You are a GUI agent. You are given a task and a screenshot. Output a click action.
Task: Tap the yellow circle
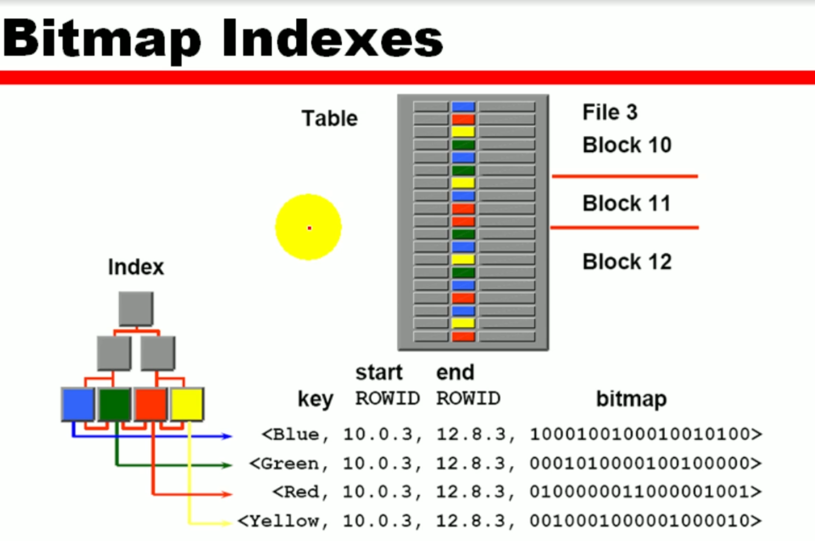(x=308, y=227)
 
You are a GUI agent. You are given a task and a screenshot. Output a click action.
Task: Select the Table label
(x=329, y=119)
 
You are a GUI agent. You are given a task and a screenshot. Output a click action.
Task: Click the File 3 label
(x=610, y=112)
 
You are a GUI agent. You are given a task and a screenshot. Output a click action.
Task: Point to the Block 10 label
(x=627, y=145)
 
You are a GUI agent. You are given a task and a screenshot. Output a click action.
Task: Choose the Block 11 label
(x=627, y=203)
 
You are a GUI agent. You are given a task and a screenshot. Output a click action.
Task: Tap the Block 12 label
(x=627, y=262)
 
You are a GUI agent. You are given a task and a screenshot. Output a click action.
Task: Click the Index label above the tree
(x=136, y=267)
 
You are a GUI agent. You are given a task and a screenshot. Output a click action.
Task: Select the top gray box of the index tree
(x=136, y=309)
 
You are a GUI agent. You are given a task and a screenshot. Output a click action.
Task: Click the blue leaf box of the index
(x=78, y=404)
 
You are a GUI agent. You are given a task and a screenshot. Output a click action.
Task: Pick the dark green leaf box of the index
(x=114, y=404)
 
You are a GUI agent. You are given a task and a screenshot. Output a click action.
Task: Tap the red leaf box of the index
(x=151, y=404)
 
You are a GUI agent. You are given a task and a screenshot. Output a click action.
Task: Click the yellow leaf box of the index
(x=186, y=404)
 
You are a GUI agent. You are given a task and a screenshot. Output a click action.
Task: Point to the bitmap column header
(x=631, y=399)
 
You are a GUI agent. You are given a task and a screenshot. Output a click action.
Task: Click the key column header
(x=315, y=399)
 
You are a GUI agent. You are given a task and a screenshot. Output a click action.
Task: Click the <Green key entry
(x=285, y=464)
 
